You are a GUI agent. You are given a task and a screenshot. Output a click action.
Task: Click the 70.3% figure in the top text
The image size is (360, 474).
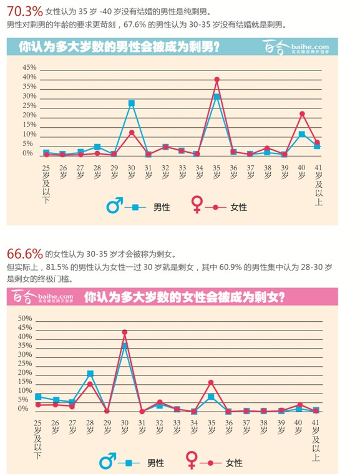pyautogui.click(x=23, y=10)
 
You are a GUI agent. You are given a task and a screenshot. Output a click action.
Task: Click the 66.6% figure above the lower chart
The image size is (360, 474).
pyautogui.click(x=24, y=254)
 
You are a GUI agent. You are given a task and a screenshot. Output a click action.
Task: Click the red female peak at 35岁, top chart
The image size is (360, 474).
pyautogui.click(x=216, y=79)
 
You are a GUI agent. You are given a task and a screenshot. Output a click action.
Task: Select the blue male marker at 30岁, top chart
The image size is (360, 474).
pyautogui.click(x=132, y=103)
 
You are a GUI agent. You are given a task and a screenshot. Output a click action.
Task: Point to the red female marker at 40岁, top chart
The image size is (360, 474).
pyautogui.click(x=302, y=114)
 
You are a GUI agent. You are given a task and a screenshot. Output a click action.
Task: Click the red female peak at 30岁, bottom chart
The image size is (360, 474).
pyautogui.click(x=125, y=332)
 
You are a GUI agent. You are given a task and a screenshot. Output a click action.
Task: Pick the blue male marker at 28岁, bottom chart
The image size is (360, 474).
pyautogui.click(x=90, y=374)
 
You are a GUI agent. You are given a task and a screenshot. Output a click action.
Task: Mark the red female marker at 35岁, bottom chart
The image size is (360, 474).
pyautogui.click(x=211, y=382)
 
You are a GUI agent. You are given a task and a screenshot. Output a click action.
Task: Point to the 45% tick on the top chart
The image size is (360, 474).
pyautogui.click(x=29, y=67)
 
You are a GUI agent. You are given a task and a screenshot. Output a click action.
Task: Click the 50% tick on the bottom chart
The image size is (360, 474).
pyautogui.click(x=25, y=318)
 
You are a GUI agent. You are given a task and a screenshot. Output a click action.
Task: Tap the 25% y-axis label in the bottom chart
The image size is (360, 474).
pyautogui.click(x=25, y=364)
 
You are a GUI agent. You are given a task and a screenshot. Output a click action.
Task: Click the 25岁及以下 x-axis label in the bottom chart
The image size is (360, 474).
pyautogui.click(x=38, y=439)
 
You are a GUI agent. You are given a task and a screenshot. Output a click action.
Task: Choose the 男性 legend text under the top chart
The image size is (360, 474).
pyautogui.click(x=162, y=207)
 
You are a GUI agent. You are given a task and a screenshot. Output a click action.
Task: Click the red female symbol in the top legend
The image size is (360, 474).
pyautogui.click(x=197, y=205)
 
